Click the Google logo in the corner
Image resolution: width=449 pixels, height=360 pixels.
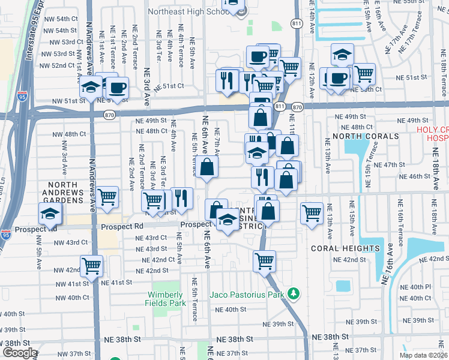click(19, 353)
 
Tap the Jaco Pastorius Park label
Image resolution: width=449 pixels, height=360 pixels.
click(247, 295)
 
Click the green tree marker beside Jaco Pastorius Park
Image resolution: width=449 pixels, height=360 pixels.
click(293, 294)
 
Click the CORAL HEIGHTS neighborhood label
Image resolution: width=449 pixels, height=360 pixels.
click(345, 248)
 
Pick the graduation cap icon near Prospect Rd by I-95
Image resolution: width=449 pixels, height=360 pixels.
click(50, 212)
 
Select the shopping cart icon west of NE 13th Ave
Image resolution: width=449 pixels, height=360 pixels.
click(312, 212)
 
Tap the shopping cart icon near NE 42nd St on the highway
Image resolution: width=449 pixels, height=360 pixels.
click(264, 260)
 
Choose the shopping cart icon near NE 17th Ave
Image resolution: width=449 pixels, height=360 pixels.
click(364, 73)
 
